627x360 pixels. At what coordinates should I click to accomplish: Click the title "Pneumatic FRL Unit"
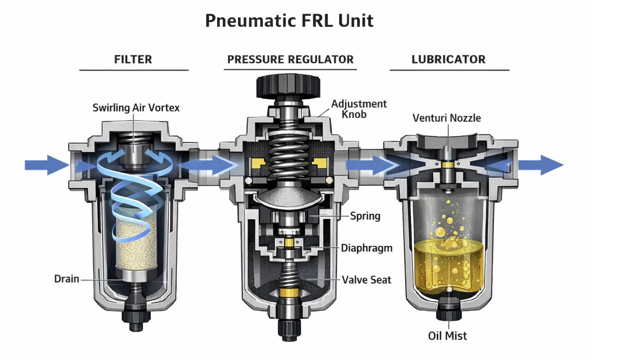pyautogui.click(x=289, y=21)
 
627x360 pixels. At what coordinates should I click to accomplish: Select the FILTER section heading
pyautogui.click(x=133, y=59)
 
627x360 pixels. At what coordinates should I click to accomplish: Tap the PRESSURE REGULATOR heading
pyautogui.click(x=290, y=59)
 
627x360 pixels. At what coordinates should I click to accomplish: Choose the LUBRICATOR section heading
pyautogui.click(x=448, y=59)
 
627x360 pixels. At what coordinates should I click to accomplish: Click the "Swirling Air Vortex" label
pyautogui.click(x=136, y=108)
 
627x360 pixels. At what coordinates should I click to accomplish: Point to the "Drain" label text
pyautogui.click(x=67, y=279)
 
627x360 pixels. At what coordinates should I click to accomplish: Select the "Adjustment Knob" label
pyautogui.click(x=358, y=109)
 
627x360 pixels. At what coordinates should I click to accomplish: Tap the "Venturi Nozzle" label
pyautogui.click(x=447, y=118)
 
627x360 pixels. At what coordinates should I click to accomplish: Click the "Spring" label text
pyautogui.click(x=365, y=216)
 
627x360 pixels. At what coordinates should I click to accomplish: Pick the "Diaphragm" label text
pyautogui.click(x=367, y=248)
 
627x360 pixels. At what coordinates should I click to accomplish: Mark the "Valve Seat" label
pyautogui.click(x=366, y=280)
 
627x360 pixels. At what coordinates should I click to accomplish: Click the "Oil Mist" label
pyautogui.click(x=447, y=336)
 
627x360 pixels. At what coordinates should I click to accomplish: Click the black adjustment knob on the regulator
pyautogui.click(x=288, y=86)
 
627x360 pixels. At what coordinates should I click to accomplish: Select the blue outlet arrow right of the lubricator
pyautogui.click(x=540, y=165)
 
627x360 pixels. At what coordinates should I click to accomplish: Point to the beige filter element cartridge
pyautogui.click(x=136, y=243)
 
